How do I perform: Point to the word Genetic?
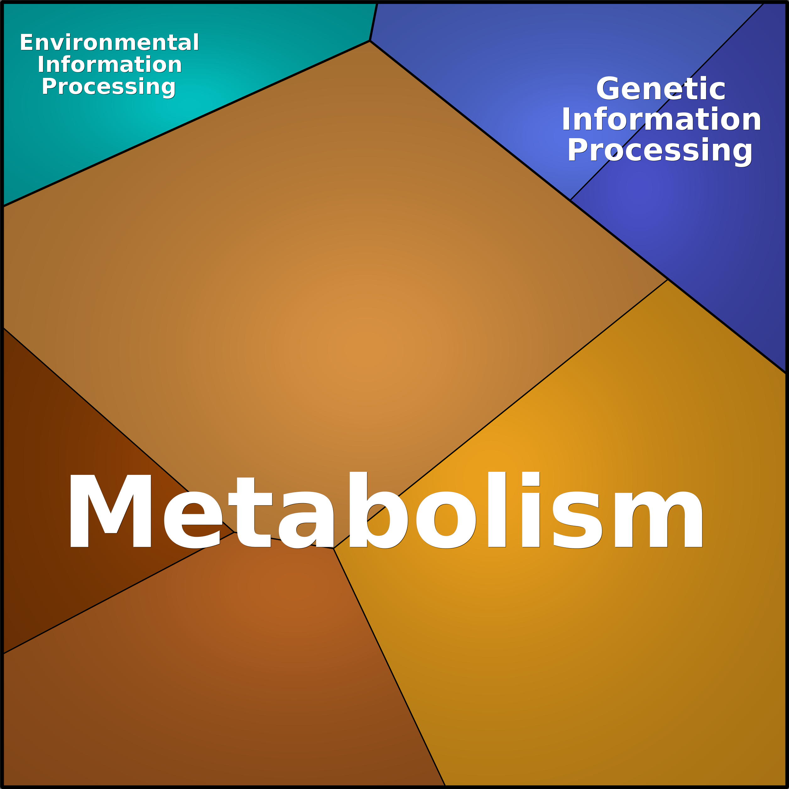(661, 89)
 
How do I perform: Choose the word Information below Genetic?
(661, 119)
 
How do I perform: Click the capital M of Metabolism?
(111, 510)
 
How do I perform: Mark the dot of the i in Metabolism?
(531, 479)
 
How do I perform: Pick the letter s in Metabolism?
(577, 520)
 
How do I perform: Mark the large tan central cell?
(327, 286)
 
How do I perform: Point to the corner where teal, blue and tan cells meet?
(370, 41)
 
